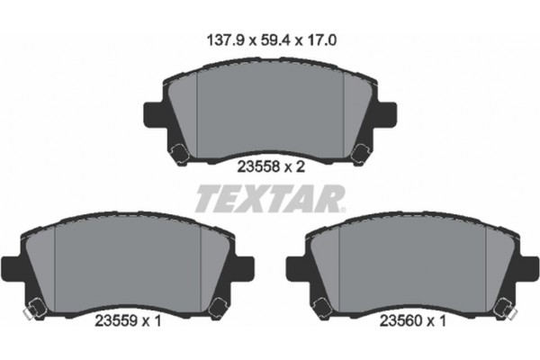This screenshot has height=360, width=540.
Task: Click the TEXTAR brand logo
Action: pyautogui.click(x=269, y=195)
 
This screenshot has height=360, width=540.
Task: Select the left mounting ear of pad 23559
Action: pyautogui.click(x=9, y=268)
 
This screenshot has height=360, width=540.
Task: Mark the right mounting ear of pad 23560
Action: pyautogui.click(x=530, y=268)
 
